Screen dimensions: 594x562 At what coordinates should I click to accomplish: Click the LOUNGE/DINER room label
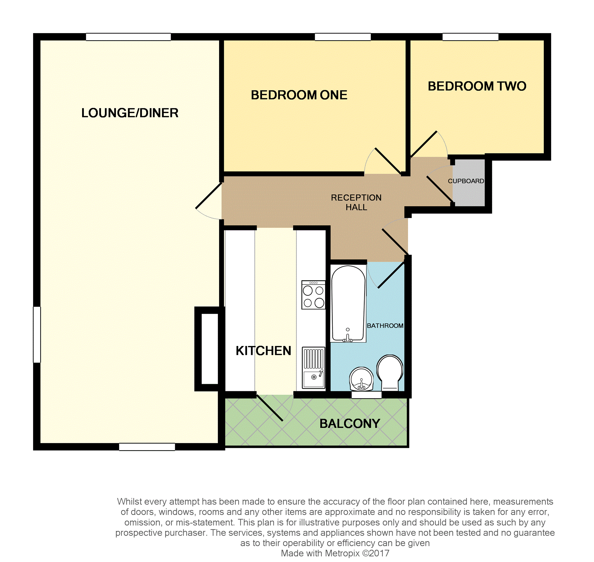pos(130,113)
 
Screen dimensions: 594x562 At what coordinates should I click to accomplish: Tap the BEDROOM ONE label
pos(299,95)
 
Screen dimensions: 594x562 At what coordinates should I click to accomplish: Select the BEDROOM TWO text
pos(477,86)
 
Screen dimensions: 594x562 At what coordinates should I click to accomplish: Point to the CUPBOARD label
pos(466,181)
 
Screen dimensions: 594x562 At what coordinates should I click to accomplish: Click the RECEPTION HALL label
pos(356,202)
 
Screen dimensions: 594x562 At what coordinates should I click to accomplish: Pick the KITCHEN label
pos(263,350)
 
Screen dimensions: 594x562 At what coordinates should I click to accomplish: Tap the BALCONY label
pos(349,423)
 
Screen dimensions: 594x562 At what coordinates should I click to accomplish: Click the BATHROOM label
pos(385,326)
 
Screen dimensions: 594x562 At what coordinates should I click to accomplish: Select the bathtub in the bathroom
pos(348,304)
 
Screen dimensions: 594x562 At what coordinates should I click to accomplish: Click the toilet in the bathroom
pos(390,373)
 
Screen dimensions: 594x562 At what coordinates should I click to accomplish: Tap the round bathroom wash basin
pos(361,379)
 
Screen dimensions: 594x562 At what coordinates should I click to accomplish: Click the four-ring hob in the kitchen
pos(314,295)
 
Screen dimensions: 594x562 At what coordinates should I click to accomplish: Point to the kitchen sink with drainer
pos(314,368)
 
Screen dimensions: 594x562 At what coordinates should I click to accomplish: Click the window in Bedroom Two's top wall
pos(470,37)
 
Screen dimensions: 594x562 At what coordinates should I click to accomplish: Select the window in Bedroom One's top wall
pos(343,37)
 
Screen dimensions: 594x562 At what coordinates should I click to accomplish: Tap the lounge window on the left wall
pos(37,335)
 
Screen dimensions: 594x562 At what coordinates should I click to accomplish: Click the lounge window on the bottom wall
pos(147,447)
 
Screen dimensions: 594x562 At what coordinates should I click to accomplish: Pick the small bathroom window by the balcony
pos(366,395)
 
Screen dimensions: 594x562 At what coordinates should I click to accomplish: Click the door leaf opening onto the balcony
pos(270,408)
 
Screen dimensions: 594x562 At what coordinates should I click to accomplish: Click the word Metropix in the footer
pos(342,553)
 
